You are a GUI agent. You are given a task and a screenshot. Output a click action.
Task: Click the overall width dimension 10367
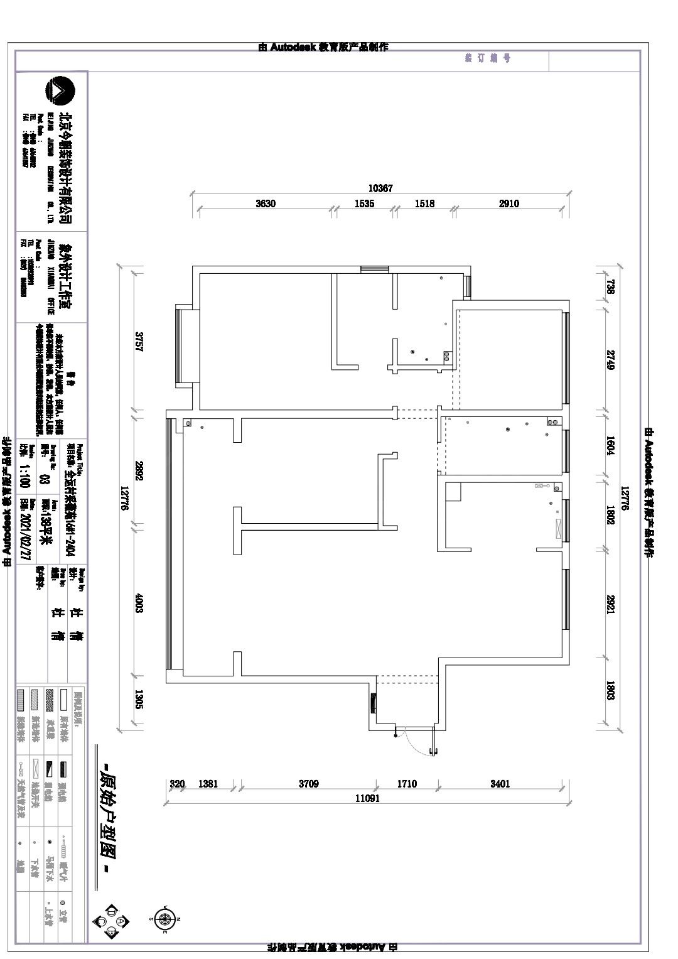(380, 188)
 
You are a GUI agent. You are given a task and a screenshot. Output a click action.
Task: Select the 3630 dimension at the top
(266, 203)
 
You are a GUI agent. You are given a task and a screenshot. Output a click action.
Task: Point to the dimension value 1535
(364, 203)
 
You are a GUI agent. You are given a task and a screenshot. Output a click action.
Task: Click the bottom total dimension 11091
(367, 798)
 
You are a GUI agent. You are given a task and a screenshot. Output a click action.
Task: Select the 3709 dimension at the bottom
(308, 784)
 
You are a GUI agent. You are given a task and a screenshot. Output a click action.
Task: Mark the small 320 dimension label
(177, 784)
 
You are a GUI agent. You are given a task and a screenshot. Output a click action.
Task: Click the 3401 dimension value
(500, 784)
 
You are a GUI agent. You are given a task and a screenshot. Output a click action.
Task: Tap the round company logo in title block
(60, 91)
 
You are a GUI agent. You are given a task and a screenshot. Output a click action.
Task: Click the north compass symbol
(164, 919)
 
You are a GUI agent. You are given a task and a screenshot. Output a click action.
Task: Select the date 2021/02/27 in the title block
(26, 529)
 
